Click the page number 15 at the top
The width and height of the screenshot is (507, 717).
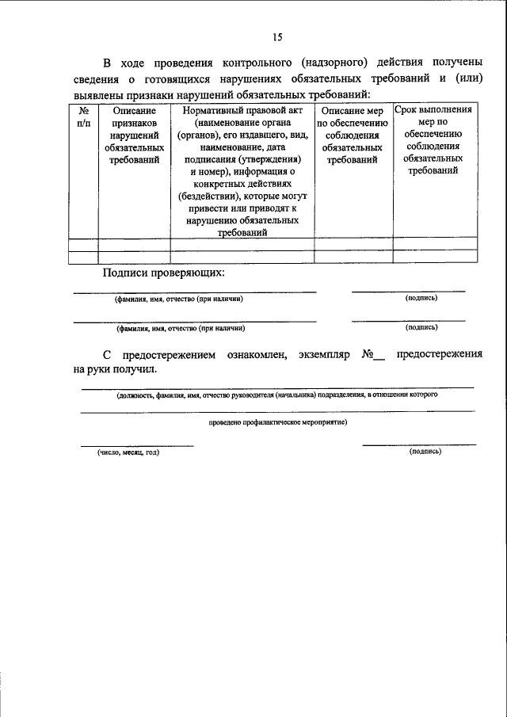[277, 36]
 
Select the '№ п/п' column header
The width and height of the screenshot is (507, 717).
[83, 118]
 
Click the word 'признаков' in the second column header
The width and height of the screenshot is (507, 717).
[134, 124]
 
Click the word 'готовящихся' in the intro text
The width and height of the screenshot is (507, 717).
[181, 79]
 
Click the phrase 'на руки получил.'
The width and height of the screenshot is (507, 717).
[115, 369]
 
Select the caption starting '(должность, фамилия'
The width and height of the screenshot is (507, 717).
[276, 394]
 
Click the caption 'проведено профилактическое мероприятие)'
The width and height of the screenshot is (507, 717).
[278, 422]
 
